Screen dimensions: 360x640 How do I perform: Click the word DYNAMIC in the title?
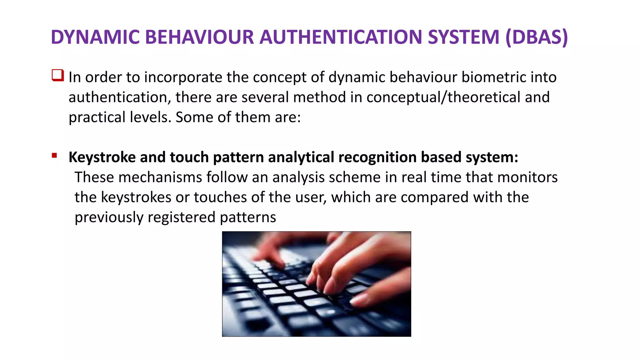click(95, 37)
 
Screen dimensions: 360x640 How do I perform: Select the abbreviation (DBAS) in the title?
click(536, 37)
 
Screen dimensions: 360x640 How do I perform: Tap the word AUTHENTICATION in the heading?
click(341, 37)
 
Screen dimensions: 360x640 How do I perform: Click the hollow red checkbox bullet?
click(58, 76)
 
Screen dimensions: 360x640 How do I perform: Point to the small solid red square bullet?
click(54, 155)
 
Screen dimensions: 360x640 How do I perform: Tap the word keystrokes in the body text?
click(136, 197)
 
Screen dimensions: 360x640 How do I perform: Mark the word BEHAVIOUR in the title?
click(199, 37)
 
